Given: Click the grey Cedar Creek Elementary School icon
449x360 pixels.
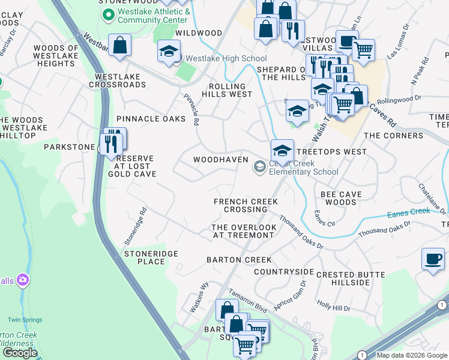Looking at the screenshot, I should click(260, 166).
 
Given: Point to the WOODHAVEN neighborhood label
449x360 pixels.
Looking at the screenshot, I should click(220, 160).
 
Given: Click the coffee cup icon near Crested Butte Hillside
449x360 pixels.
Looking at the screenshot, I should click(433, 259).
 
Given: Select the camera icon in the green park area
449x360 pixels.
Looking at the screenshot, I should click(23, 280).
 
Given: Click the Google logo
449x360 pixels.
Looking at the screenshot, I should click(20, 353).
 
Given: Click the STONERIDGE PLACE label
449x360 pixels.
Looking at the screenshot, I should click(151, 257).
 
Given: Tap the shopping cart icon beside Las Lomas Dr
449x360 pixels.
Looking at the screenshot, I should click(363, 49).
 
